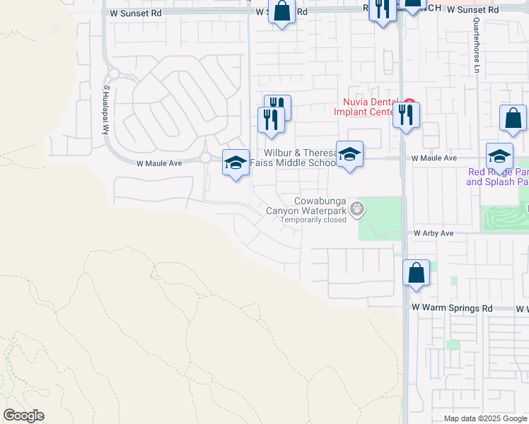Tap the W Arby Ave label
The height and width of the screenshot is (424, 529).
[434, 232]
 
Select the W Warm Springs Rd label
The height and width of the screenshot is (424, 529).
[452, 309]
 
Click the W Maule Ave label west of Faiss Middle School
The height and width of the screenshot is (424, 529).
[159, 163]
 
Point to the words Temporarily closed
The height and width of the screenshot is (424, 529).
[313, 220]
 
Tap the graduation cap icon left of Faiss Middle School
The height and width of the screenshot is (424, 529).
[236, 163]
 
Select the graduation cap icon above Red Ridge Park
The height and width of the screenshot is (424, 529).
[499, 155]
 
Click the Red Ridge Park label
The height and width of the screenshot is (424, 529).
[498, 177]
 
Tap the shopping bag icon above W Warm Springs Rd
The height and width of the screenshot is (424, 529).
[416, 273]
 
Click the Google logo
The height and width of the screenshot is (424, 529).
[23, 416]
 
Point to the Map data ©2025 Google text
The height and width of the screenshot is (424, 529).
[484, 418]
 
